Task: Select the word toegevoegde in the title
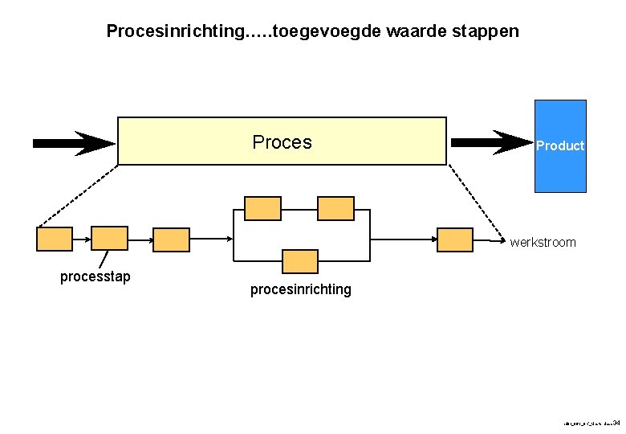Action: (x=327, y=32)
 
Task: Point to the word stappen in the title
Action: (x=486, y=32)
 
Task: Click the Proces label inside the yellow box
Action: (x=282, y=143)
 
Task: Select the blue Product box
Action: (x=560, y=145)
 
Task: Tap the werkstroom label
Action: (x=543, y=243)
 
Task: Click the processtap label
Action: (x=96, y=277)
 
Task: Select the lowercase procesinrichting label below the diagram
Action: (x=300, y=289)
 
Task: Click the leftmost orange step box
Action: (x=55, y=239)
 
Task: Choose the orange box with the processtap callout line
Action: (x=109, y=239)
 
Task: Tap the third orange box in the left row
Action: (x=171, y=240)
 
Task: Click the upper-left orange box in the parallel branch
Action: (x=262, y=208)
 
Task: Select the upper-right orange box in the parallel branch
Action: (x=335, y=208)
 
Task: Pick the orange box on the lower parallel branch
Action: (x=300, y=261)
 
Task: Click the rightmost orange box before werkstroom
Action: (x=455, y=240)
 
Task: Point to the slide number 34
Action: (x=616, y=422)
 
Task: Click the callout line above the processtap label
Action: (x=104, y=259)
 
